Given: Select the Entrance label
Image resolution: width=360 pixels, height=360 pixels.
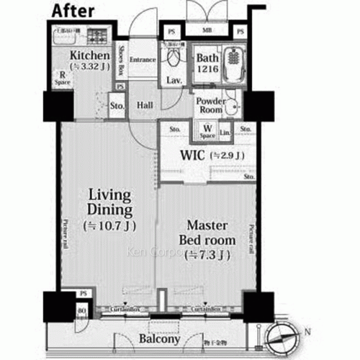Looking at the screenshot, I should click(x=143, y=59).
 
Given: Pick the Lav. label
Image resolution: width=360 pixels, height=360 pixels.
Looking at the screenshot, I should click(x=174, y=80).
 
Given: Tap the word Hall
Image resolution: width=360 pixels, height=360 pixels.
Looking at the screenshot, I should click(x=144, y=106).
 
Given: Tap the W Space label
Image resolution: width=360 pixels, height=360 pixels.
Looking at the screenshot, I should click(x=208, y=132).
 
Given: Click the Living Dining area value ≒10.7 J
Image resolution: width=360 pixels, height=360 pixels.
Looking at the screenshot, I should click(x=109, y=225).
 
